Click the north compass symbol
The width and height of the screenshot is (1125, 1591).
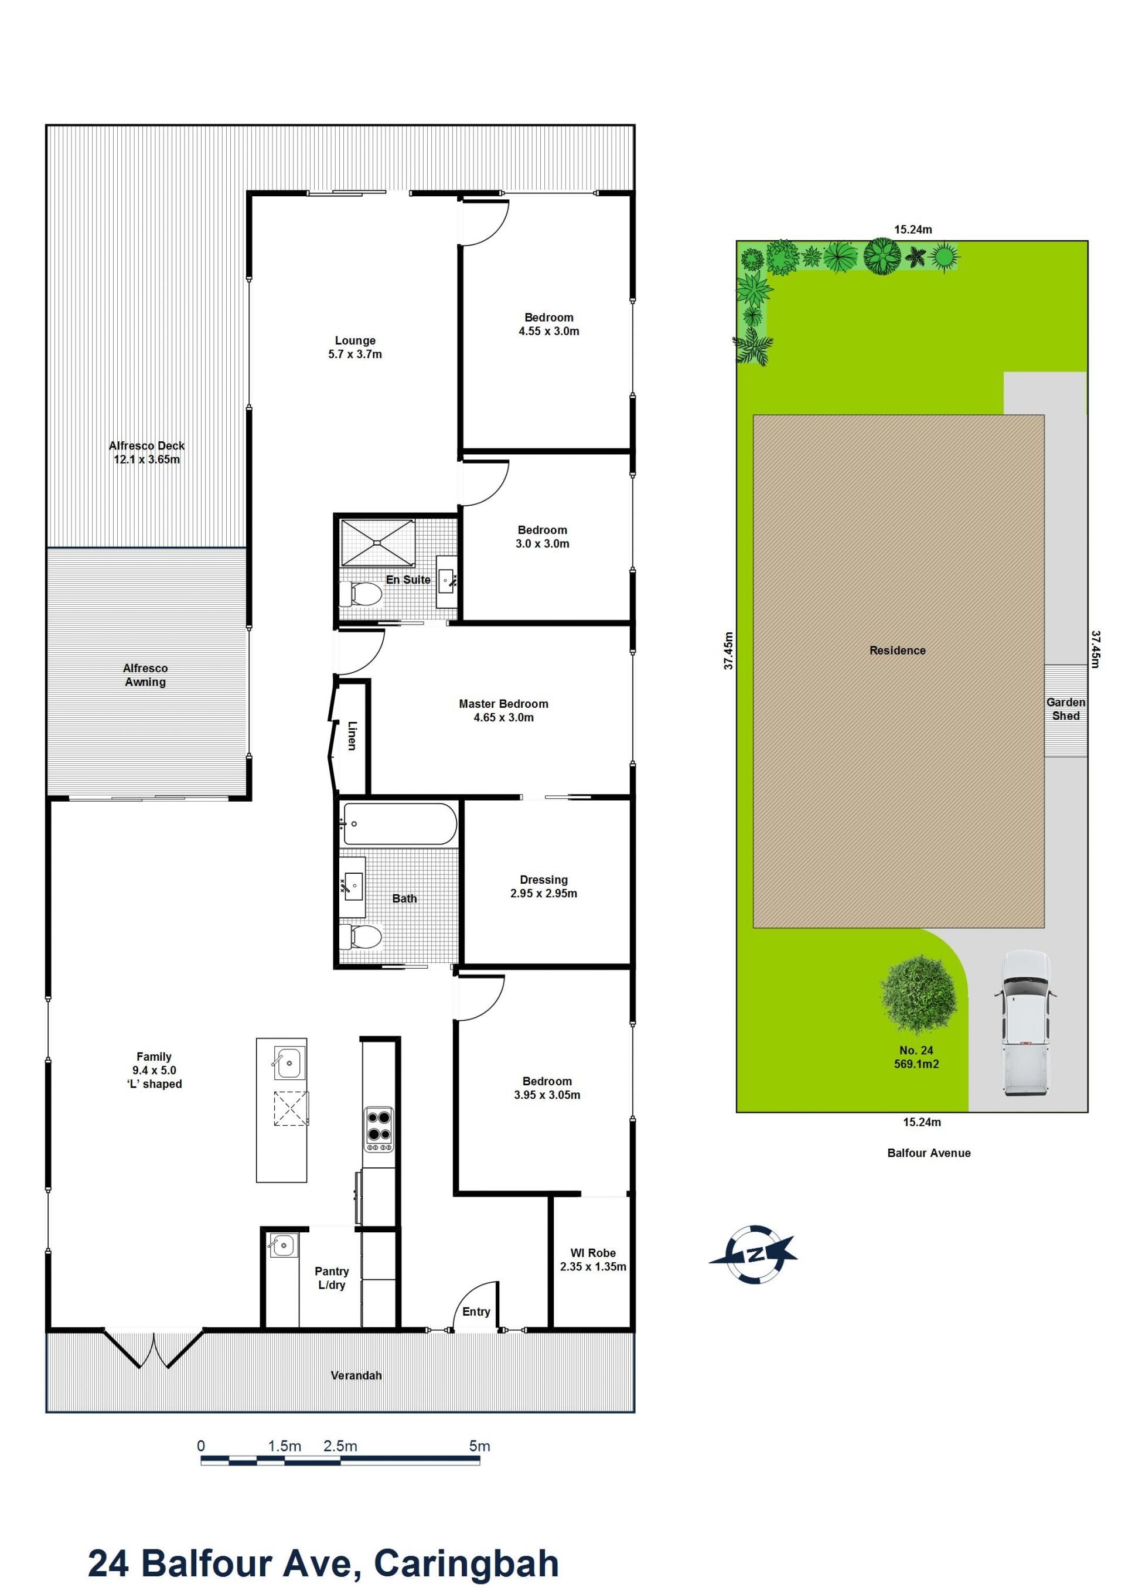click(754, 1254)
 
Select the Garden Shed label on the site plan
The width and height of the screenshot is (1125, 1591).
click(1065, 709)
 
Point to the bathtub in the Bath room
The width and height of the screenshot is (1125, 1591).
click(400, 824)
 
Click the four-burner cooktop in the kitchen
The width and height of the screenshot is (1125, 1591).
click(379, 1129)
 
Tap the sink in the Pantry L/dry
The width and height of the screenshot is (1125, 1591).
click(282, 1246)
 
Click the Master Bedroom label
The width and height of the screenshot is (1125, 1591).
click(504, 704)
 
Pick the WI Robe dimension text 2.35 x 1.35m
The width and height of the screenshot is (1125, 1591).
click(593, 1267)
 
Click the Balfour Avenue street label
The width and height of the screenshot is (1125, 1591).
click(929, 1153)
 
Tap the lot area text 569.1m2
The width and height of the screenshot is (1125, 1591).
click(916, 1064)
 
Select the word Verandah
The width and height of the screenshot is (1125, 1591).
click(356, 1375)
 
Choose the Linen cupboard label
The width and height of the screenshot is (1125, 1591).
click(352, 736)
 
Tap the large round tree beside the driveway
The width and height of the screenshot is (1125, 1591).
click(919, 996)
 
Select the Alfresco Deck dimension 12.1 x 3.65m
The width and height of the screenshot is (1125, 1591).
click(147, 459)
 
